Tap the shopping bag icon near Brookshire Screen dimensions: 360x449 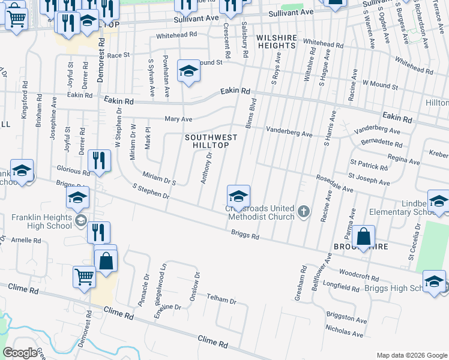tap(364, 237)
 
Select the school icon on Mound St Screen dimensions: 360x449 tap(188, 72)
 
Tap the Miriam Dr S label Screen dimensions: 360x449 tap(158, 178)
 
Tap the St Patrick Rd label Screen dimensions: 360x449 tap(367, 163)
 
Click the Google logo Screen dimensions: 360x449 tap(20, 353)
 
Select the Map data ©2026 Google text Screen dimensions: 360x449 tap(411, 355)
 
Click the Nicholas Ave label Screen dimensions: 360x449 tap(345, 331)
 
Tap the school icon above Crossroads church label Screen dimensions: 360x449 tap(238, 196)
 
